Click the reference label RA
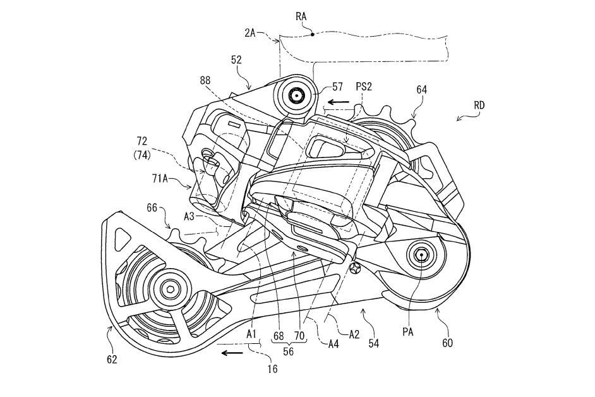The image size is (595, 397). (301, 16)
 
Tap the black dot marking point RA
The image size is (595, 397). (312, 34)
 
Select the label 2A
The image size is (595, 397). (250, 33)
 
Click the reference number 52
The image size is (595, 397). (236, 59)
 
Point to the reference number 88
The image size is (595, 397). (205, 80)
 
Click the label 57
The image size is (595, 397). (337, 87)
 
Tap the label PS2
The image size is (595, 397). (364, 87)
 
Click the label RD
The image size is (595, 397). (479, 105)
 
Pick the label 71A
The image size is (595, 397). (160, 178)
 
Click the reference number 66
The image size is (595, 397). (152, 208)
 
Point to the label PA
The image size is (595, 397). (408, 332)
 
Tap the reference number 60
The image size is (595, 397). (447, 343)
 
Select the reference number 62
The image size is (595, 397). (112, 359)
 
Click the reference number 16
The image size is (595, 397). (272, 369)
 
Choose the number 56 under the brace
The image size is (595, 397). (289, 351)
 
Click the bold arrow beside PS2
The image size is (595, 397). (339, 102)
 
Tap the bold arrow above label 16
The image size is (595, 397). (232, 353)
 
